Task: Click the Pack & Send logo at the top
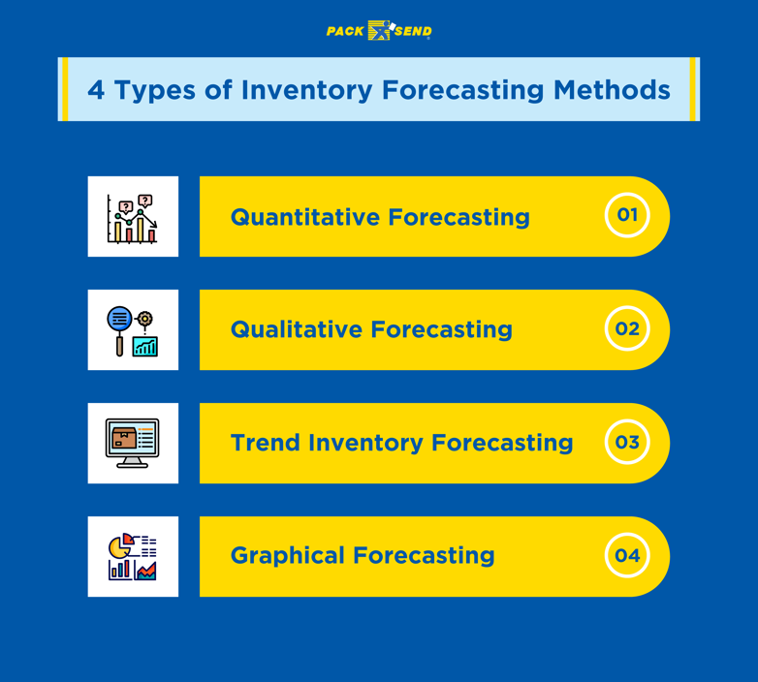click(x=379, y=31)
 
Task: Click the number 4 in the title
click(x=96, y=90)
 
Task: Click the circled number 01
click(x=627, y=215)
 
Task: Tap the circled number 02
click(x=627, y=328)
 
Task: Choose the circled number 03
click(x=627, y=443)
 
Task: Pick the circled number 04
click(x=627, y=556)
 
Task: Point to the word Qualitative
click(x=296, y=329)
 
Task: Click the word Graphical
click(x=287, y=556)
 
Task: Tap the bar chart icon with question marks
click(x=133, y=217)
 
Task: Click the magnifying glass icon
click(x=120, y=326)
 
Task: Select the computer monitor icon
click(x=133, y=443)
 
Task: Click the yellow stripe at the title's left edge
click(x=64, y=89)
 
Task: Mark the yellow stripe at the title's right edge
click(x=693, y=89)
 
